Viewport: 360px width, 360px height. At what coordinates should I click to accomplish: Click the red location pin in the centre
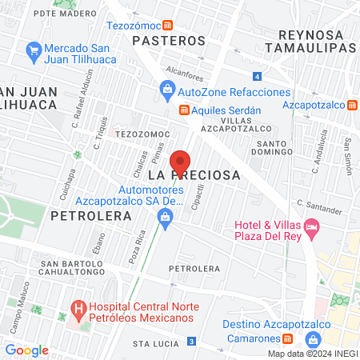coord(180,162)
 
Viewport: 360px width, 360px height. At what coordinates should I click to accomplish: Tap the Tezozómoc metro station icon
coord(166,26)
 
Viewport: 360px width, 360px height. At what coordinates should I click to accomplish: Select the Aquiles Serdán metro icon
coord(183,110)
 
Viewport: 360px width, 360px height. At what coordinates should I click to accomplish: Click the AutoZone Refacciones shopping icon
coord(167,90)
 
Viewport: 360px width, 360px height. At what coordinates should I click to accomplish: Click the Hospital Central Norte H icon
coord(78,308)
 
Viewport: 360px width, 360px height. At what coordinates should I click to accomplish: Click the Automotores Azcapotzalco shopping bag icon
coord(165,216)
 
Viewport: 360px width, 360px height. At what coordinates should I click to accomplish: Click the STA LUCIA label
coord(153,343)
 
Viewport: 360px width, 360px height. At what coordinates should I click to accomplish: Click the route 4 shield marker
coord(256,77)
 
